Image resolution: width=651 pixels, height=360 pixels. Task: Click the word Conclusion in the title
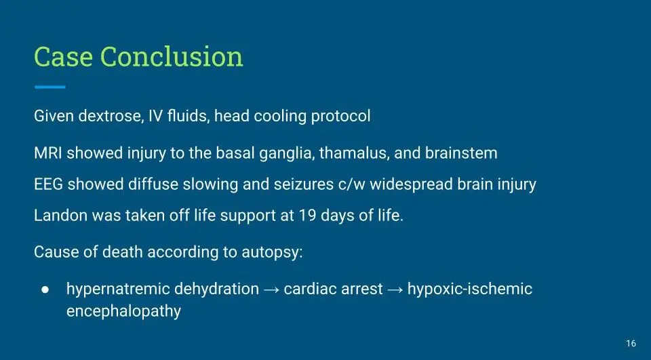coord(172,56)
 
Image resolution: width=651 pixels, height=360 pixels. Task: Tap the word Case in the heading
coord(63,56)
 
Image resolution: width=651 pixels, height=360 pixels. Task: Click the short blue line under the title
coord(50,87)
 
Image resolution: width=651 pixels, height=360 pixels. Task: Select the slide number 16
coord(631,344)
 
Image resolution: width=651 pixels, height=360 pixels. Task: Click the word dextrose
coord(110,116)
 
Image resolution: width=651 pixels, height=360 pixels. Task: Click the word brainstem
coord(461,153)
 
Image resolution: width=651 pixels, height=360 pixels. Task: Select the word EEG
coord(49,184)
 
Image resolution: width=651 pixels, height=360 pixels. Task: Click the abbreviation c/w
coord(352,184)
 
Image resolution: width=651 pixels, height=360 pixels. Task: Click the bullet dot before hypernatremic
coord(45,289)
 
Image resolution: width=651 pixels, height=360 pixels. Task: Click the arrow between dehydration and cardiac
coord(271,289)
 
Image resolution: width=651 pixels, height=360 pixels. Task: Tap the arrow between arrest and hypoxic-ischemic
coord(395,289)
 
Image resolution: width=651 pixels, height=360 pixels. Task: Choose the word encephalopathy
coord(123,311)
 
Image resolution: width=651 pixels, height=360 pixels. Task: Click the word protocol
coord(341,116)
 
